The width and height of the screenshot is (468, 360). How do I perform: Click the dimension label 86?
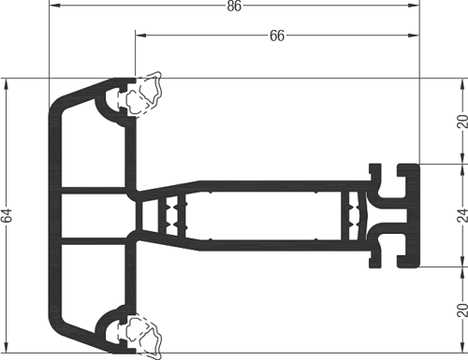pos(234,6)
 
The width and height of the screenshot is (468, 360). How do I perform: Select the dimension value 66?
pos(277,36)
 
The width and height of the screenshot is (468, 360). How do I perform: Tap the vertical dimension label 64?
pos(7,215)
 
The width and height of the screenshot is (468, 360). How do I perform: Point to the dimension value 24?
pos(462,216)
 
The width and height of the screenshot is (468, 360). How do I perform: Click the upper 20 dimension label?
pos(462,122)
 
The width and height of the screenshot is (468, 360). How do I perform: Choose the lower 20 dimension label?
pos(462,310)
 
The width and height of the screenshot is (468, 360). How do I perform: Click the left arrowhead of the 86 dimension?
pos(54,6)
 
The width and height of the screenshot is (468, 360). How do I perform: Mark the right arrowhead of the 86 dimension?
pos(414,6)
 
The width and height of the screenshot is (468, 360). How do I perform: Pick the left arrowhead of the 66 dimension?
pos(140,36)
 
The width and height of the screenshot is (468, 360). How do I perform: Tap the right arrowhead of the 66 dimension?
pos(414,36)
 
